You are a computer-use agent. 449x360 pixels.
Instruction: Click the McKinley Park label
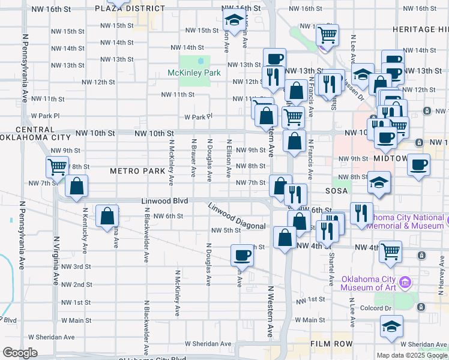194,73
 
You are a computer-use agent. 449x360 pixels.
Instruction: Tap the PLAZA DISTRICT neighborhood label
121,9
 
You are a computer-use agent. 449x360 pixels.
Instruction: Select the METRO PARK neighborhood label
137,171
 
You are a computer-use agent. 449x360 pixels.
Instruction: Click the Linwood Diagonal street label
237,217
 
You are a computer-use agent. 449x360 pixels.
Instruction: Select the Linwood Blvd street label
165,200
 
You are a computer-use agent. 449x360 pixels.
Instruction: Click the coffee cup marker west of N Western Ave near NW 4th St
242,256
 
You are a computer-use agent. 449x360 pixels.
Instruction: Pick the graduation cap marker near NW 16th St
233,21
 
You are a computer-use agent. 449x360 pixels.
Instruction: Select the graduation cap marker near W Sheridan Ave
391,327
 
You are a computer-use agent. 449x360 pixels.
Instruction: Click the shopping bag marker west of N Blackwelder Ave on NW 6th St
107,217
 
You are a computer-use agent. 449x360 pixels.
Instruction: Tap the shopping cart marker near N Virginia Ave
58,167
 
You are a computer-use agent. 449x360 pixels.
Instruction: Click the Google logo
20,353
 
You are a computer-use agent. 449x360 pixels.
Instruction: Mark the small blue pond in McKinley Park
200,60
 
